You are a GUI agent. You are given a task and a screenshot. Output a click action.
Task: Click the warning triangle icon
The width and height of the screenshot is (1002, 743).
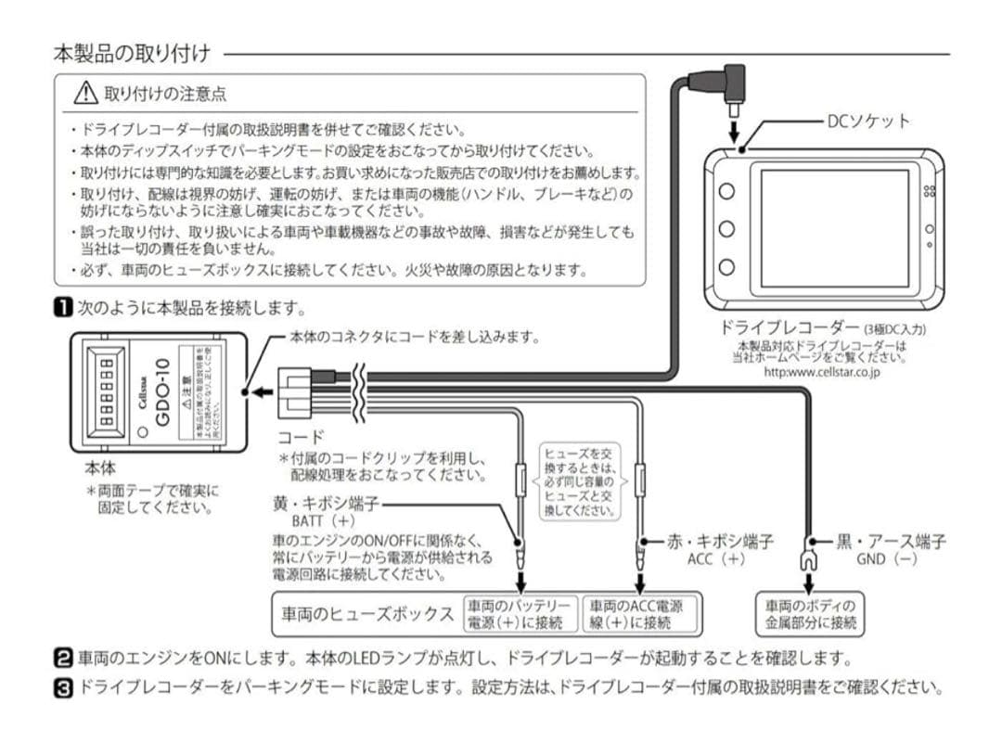point(86,93)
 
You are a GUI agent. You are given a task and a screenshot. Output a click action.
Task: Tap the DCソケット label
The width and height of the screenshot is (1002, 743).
point(869,121)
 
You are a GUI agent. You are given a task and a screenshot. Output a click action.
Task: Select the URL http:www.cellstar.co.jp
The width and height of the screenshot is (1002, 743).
point(821,372)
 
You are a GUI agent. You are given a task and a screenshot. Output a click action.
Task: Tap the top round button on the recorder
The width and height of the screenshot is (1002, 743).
point(727,191)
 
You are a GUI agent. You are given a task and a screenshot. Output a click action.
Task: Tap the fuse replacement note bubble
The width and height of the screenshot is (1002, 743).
point(580,480)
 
